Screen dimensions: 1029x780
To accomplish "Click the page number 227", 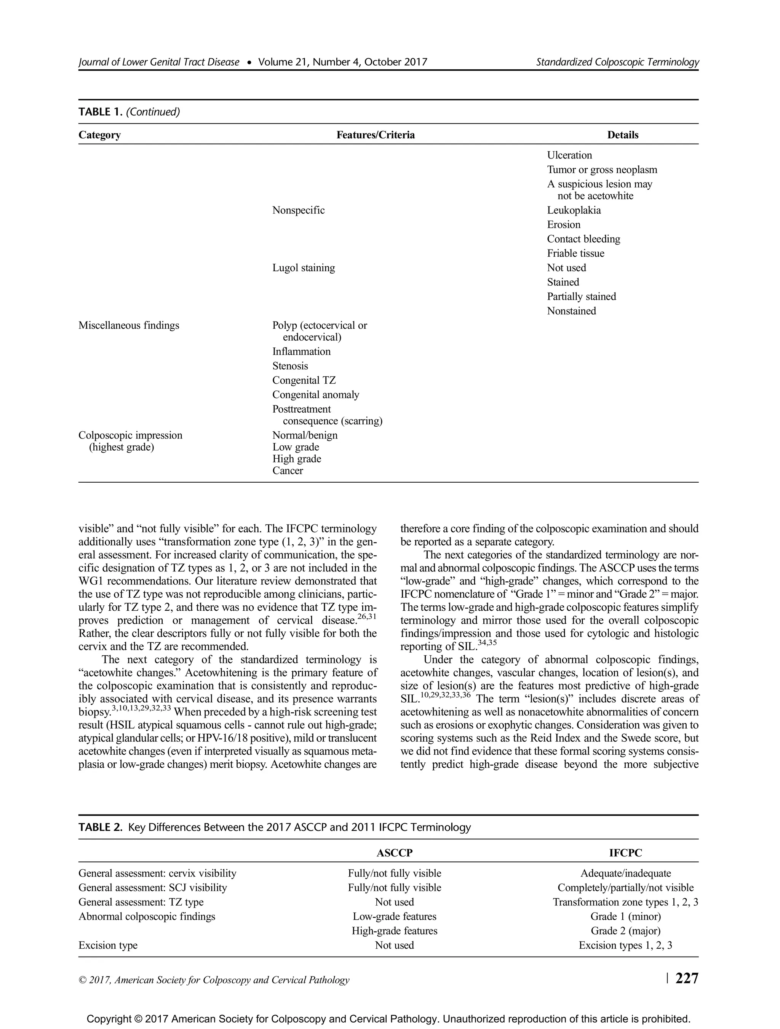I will tap(687, 979).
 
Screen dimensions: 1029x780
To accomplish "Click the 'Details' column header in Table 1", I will tap(622, 135).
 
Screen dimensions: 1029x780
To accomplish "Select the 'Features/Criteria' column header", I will tap(376, 135).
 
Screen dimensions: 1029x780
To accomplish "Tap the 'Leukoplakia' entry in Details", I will tap(574, 210).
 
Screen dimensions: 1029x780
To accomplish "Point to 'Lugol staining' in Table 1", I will tap(303, 268).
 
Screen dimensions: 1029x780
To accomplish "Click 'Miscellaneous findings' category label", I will tap(128, 326).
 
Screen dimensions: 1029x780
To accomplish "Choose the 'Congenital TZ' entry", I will tap(304, 381).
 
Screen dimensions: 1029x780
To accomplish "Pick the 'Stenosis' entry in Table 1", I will tap(290, 366).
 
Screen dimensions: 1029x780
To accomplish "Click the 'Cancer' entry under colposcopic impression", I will tap(288, 471).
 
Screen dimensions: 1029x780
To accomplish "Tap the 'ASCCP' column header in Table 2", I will tap(395, 853).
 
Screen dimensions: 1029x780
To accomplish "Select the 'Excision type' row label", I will tap(108, 945).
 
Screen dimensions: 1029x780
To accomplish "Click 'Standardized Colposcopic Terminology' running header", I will tap(617, 62).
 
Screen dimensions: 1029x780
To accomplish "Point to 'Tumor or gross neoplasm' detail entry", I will tap(602, 170).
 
